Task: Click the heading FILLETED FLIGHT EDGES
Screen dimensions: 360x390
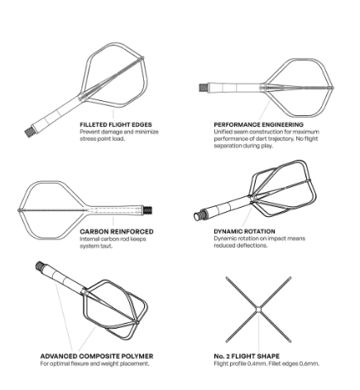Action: pos(116,125)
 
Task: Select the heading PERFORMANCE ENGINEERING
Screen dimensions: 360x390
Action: pos(259,125)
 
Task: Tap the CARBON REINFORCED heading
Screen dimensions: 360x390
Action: pos(117,232)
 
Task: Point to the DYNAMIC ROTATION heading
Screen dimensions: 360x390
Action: pos(244,231)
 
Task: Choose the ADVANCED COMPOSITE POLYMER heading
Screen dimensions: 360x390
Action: pos(97,356)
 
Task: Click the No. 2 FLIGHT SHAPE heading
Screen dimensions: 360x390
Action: pos(247,356)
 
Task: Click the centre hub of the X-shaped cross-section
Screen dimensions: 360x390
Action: pos(258,310)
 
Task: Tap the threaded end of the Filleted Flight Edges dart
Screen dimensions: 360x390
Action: pos(28,132)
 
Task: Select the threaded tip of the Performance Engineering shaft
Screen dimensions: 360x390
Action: pos(203,87)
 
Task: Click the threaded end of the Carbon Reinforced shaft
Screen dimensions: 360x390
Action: pos(147,210)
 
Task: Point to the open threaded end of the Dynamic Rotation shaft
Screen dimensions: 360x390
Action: pos(199,215)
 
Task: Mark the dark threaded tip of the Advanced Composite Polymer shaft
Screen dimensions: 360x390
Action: pos(40,266)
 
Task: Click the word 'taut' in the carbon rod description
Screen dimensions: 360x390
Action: pos(108,246)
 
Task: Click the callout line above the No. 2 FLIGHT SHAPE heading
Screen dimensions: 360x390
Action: pos(258,332)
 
